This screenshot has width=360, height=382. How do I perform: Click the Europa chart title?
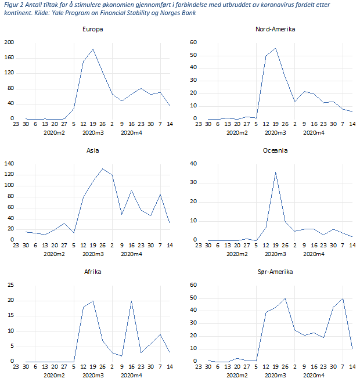pyautogui.click(x=93, y=30)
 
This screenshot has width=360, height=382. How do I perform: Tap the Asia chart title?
pyautogui.click(x=93, y=150)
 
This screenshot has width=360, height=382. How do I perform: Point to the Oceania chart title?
pyautogui.click(x=275, y=150)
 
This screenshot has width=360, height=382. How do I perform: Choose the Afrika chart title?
pyautogui.click(x=93, y=272)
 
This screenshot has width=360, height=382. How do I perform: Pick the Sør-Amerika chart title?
pyautogui.click(x=275, y=272)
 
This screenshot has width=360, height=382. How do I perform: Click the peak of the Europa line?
pyautogui.click(x=93, y=49)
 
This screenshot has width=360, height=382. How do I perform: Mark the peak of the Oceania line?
pyautogui.click(x=275, y=172)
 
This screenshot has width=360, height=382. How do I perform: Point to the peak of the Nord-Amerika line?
pyautogui.click(x=275, y=48)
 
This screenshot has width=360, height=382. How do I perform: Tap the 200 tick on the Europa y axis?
pyautogui.click(x=9, y=42)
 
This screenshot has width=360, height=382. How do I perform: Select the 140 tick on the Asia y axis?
pyautogui.click(x=9, y=164)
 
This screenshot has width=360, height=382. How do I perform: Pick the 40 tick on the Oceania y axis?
pyautogui.click(x=194, y=164)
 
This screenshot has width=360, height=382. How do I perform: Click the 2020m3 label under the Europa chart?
pyautogui.click(x=93, y=133)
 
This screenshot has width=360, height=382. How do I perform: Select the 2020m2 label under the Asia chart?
pyautogui.click(x=55, y=254)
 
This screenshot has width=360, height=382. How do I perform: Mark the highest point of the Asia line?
pyautogui.click(x=103, y=169)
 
